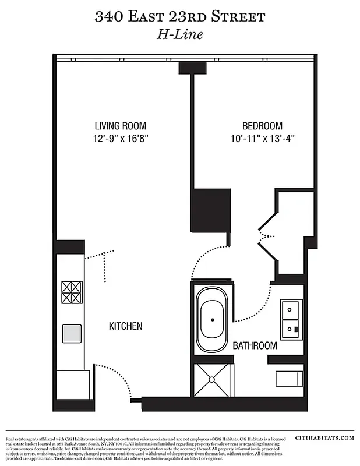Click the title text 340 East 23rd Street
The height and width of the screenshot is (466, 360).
click(x=179, y=17)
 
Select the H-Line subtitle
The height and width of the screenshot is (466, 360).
click(x=179, y=35)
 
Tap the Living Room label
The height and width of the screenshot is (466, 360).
click(x=121, y=126)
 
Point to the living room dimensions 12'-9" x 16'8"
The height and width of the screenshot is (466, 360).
click(x=121, y=140)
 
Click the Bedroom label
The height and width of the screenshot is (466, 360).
click(x=262, y=126)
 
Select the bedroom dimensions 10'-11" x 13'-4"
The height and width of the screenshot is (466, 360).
click(x=262, y=140)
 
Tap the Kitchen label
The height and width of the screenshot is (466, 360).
click(x=125, y=326)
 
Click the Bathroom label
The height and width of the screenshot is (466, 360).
click(x=255, y=345)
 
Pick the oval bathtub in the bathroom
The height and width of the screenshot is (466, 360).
click(x=213, y=320)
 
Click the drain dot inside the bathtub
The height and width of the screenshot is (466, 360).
click(x=213, y=320)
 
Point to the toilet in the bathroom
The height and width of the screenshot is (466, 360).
click(x=290, y=378)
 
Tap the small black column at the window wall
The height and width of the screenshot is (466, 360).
click(x=192, y=68)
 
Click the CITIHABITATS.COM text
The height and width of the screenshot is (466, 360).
click(x=325, y=437)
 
